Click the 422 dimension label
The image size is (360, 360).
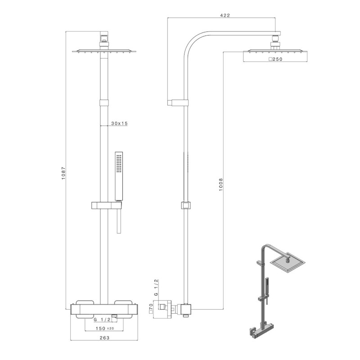(x=225, y=15)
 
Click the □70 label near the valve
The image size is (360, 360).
(x=150, y=310)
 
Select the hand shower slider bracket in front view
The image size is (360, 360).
(x=106, y=206)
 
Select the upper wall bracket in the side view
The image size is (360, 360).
(x=177, y=103)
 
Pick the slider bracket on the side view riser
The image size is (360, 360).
(x=185, y=206)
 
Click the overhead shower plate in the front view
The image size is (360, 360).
(x=104, y=51)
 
